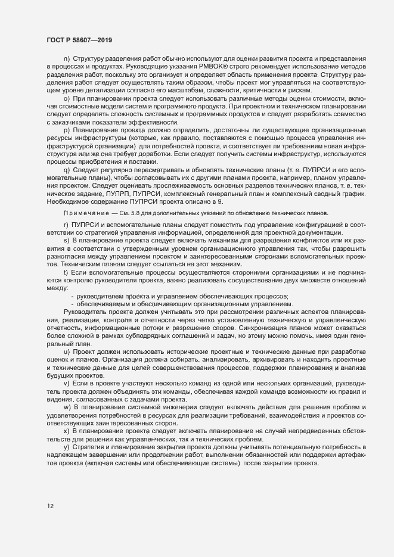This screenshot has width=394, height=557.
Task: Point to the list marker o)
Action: click(x=66, y=96)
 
